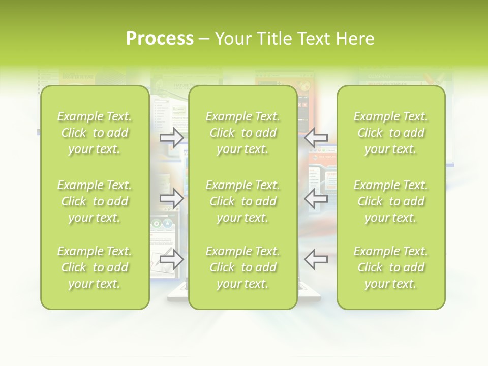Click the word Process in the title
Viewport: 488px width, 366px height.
click(x=160, y=39)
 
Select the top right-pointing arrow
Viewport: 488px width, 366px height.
click(x=172, y=138)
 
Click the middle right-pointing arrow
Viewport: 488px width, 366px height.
click(x=172, y=199)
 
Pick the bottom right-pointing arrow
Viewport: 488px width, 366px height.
click(x=172, y=259)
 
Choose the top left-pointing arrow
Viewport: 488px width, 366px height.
click(x=316, y=138)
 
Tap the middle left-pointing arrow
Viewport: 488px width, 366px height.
click(x=316, y=199)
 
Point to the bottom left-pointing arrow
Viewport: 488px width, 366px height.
click(x=316, y=259)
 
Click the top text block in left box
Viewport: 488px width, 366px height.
click(x=95, y=133)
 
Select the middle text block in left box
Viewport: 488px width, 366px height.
click(x=95, y=201)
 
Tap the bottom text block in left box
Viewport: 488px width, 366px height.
click(x=95, y=267)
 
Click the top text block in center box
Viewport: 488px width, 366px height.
click(x=242, y=133)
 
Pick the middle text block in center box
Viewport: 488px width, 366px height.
click(x=242, y=201)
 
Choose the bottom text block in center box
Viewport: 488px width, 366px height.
click(x=242, y=267)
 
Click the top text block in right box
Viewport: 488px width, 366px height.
click(x=391, y=133)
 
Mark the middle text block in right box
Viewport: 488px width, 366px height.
click(x=391, y=201)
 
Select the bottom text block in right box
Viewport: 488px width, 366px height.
click(x=391, y=267)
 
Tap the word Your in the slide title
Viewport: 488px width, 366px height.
click(x=232, y=39)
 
